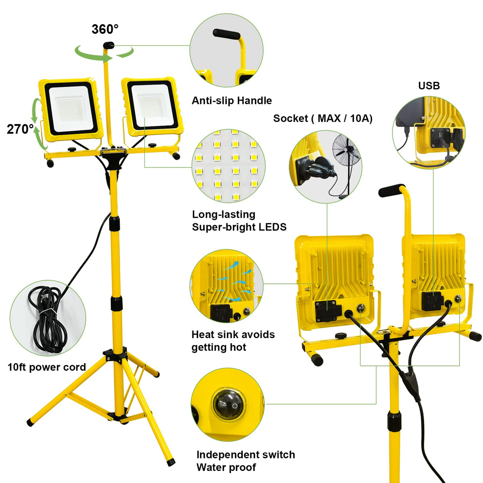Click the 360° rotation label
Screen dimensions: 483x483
pyautogui.click(x=105, y=29)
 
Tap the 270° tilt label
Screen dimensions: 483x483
pyautogui.click(x=20, y=129)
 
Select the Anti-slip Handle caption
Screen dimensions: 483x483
pyautogui.click(x=231, y=101)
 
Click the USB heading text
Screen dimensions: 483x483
pyautogui.click(x=429, y=86)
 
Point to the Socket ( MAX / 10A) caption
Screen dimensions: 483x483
pyautogui.click(x=323, y=119)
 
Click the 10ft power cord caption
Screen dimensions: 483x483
pyautogui.click(x=47, y=367)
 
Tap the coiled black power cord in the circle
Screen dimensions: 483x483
pyautogui.click(x=45, y=318)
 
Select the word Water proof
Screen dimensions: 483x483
pyautogui.click(x=226, y=467)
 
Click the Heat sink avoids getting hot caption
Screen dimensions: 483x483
pyautogui.click(x=233, y=341)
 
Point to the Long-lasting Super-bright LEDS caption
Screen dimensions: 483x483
pyautogui.click(x=239, y=221)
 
